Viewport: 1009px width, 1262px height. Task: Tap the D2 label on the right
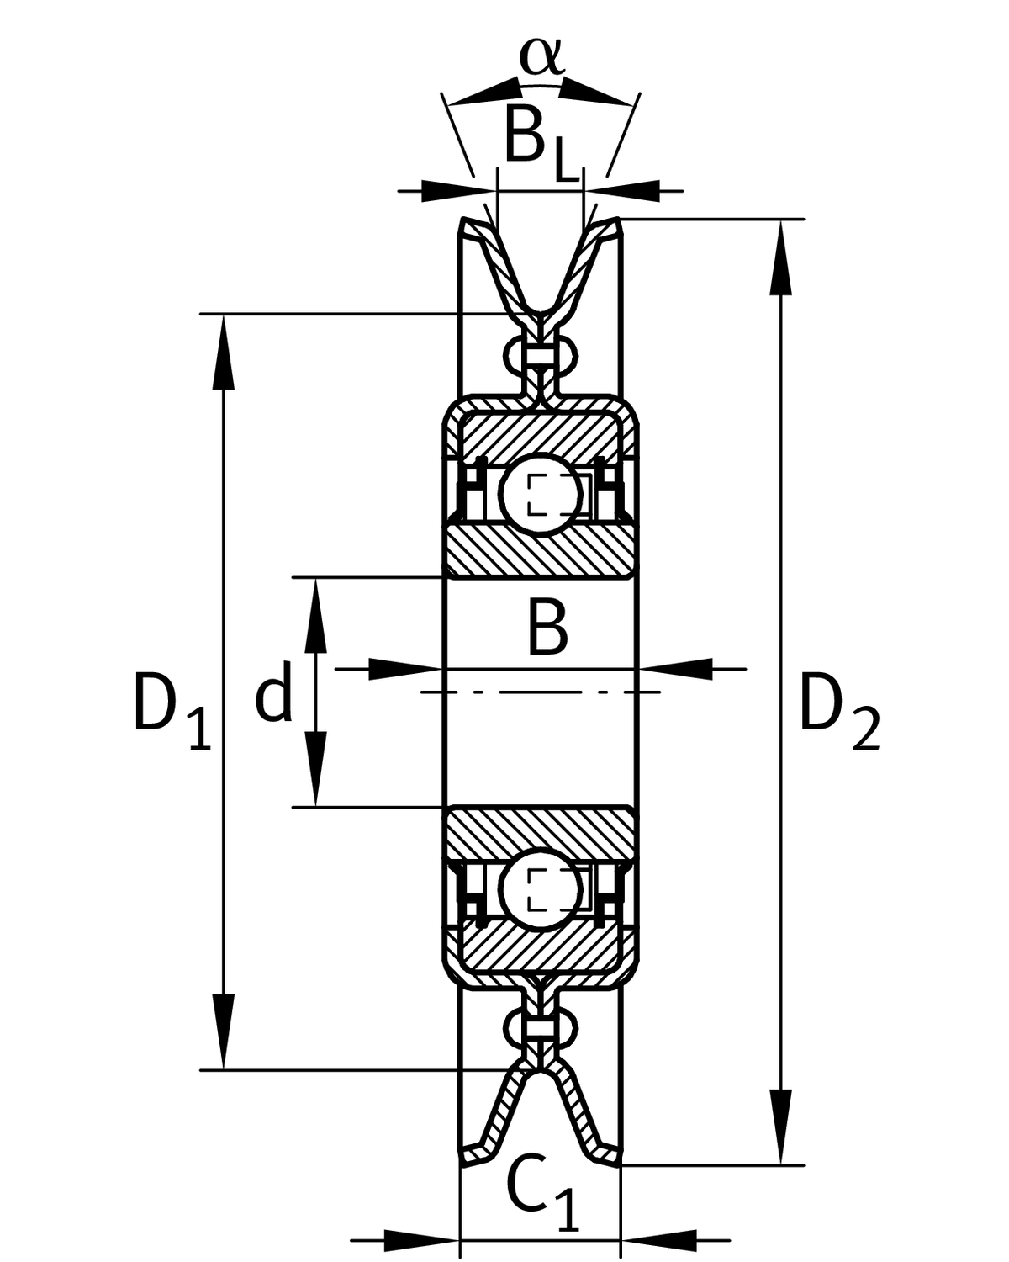[837, 711]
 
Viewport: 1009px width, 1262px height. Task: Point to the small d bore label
[274, 695]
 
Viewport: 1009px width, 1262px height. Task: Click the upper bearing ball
[540, 494]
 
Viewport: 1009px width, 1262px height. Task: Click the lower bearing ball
[540, 890]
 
